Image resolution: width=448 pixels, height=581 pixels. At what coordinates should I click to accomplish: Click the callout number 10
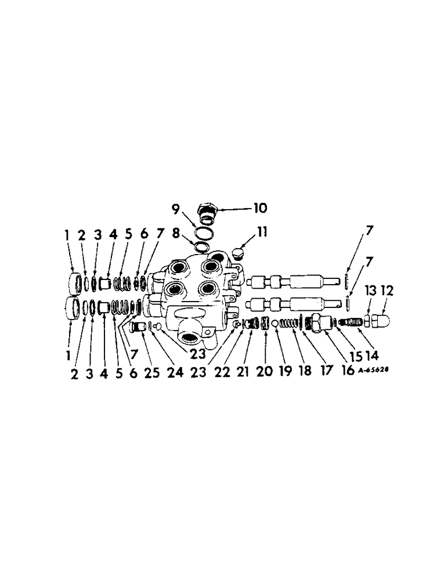pyautogui.click(x=259, y=207)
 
